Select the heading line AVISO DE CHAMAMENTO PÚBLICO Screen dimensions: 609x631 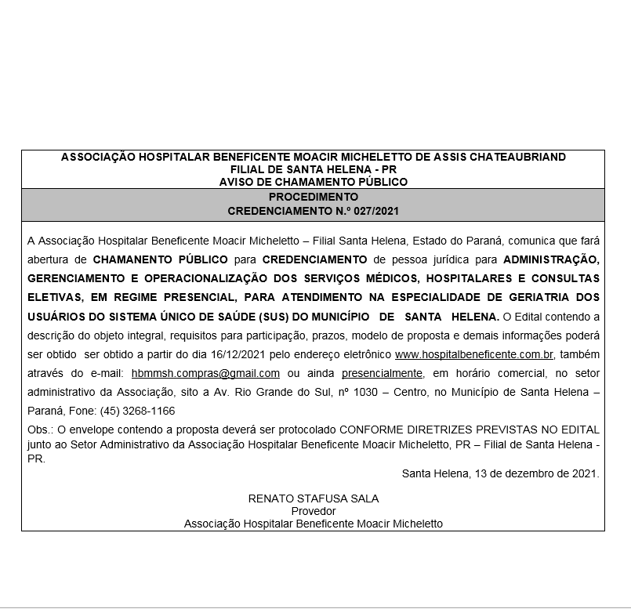tap(314, 182)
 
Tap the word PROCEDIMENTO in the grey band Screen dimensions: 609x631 tap(314, 197)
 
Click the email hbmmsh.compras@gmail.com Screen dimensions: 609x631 tap(206, 373)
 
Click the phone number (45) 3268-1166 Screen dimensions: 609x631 tap(137, 411)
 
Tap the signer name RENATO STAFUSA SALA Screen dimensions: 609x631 tap(314, 498)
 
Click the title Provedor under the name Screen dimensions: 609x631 tap(314, 511)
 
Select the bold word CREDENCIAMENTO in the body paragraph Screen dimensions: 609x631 tap(315, 259)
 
